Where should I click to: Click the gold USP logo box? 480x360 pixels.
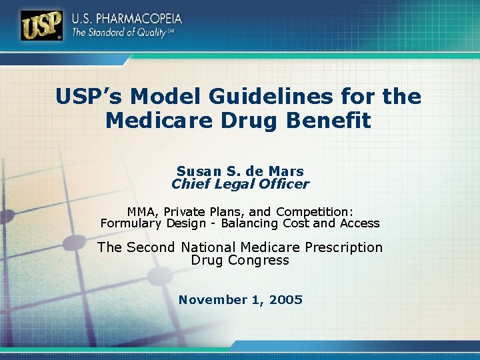(x=42, y=26)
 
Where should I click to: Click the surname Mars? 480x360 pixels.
(x=287, y=171)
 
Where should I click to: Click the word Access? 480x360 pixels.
(x=358, y=223)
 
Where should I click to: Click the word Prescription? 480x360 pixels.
(x=344, y=247)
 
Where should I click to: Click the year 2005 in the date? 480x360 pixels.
(x=285, y=300)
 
